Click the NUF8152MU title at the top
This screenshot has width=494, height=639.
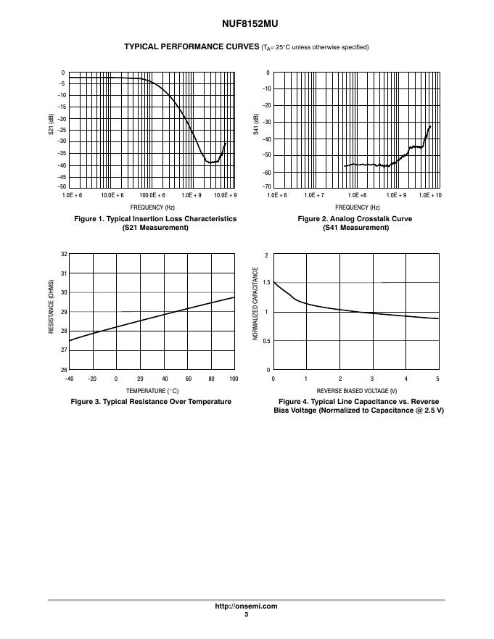pyautogui.click(x=246, y=24)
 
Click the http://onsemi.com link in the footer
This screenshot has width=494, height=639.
pyautogui.click(x=246, y=606)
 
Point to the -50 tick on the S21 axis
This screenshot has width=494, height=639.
pyautogui.click(x=62, y=187)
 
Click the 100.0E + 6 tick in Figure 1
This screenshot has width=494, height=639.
pyautogui.click(x=152, y=196)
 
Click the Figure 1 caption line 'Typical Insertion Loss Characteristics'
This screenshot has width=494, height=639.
pyautogui.click(x=155, y=219)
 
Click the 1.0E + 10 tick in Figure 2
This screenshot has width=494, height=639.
pyautogui.click(x=430, y=196)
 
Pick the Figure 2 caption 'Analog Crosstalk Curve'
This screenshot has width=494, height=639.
pyautogui.click(x=355, y=219)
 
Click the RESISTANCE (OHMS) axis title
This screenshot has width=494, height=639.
pyautogui.click(x=51, y=307)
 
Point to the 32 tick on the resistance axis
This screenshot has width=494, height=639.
pyautogui.click(x=63, y=254)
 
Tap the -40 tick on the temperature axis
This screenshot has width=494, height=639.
pyautogui.click(x=69, y=379)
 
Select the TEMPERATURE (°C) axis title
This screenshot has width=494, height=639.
pyautogui.click(x=152, y=391)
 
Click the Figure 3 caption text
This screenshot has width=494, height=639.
pyautogui.click(x=151, y=402)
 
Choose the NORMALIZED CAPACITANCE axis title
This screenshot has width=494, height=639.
pyautogui.click(x=255, y=305)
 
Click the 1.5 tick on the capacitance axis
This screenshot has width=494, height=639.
pyautogui.click(x=267, y=283)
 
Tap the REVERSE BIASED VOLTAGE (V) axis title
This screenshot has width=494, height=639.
pyautogui.click(x=356, y=391)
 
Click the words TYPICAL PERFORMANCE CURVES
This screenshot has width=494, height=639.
pyautogui.click(x=192, y=47)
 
